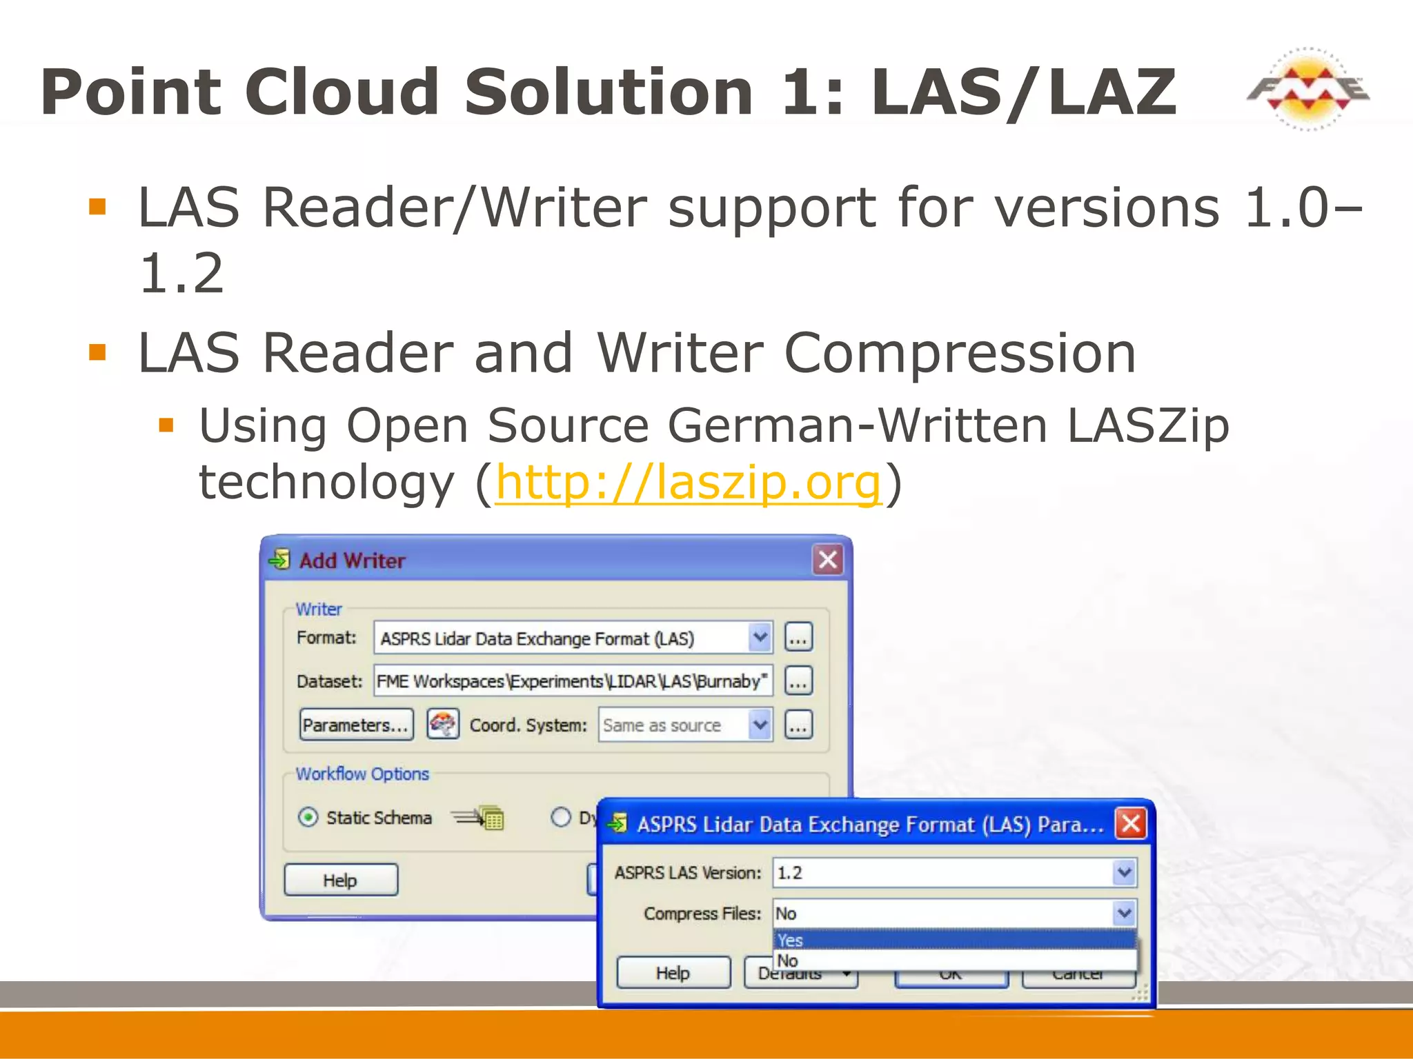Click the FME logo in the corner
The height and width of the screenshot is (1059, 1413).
pos(1307,89)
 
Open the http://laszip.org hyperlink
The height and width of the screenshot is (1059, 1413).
pos(688,482)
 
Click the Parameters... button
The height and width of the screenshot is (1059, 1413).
pos(356,725)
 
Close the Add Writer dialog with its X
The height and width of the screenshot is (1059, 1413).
pos(828,559)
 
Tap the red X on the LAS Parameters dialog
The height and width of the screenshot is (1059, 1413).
pos(1131,823)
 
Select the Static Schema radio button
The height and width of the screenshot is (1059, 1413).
pos(308,818)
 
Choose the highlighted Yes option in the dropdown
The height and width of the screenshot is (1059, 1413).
pos(954,940)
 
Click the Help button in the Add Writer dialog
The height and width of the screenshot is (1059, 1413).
pos(341,880)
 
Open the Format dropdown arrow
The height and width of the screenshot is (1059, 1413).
pos(760,638)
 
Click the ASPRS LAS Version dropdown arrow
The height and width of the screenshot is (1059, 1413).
pos(1124,873)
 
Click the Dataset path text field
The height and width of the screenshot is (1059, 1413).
pos(572,681)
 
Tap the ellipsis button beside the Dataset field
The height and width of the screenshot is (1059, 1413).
pos(798,681)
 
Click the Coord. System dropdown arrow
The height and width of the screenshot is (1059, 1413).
pos(760,725)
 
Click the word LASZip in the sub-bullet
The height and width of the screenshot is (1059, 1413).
pos(1147,425)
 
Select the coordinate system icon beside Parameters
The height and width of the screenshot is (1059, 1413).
pos(442,725)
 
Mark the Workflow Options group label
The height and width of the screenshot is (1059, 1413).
pos(362,774)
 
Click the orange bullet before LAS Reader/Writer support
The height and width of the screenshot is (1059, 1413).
pos(97,207)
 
